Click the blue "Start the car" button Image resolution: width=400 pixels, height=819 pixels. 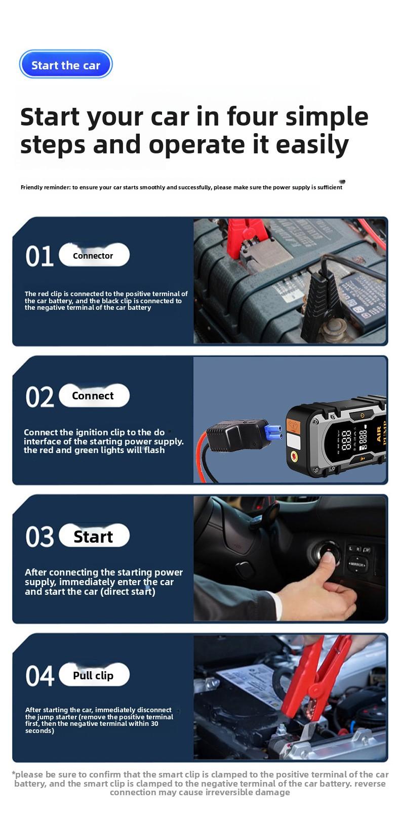66,65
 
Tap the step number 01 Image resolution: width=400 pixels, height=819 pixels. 39,256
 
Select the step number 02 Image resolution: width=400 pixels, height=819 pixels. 39,397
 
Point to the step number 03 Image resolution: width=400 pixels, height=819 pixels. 39,537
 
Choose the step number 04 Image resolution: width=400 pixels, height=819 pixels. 39,676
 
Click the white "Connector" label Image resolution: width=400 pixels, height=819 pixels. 94,256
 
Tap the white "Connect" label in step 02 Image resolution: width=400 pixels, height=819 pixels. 94,396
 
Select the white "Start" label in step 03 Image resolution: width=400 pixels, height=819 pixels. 94,537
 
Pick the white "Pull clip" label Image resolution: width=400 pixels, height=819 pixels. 94,675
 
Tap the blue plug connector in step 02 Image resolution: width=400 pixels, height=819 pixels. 273,432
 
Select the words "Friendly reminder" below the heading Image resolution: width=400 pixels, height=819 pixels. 45,187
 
